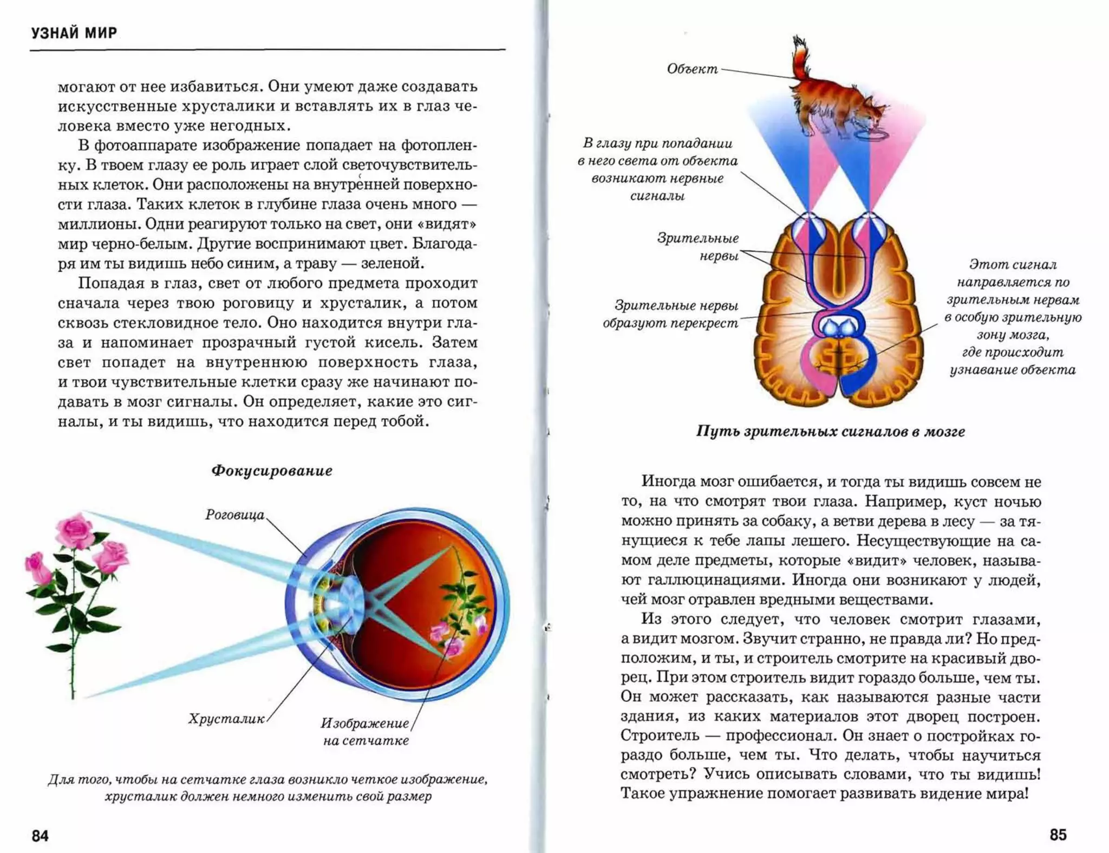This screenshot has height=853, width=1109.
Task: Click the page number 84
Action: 40,836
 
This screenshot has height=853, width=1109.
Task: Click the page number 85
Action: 1058,835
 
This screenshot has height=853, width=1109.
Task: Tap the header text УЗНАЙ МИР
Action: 74,33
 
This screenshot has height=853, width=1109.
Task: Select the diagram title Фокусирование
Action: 271,471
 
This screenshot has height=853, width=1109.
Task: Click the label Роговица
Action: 234,515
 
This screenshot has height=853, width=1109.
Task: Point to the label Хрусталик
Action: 226,719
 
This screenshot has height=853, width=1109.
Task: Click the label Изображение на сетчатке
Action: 366,732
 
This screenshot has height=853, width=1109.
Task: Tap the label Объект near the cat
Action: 692,69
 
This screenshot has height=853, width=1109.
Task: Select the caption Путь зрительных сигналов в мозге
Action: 830,432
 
